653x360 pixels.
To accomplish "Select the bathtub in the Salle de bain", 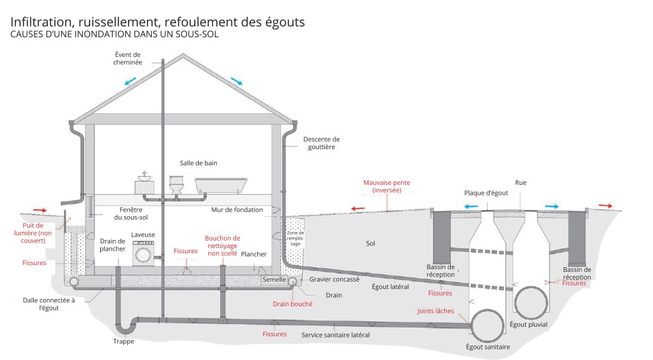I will pyautogui.click(x=221, y=185).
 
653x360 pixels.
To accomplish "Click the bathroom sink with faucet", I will pyautogui.click(x=145, y=184).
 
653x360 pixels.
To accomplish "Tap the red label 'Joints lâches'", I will pyautogui.click(x=434, y=311).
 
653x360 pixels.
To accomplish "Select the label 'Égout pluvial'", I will pyautogui.click(x=528, y=325).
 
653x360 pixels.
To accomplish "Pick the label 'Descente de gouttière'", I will pyautogui.click(x=321, y=143).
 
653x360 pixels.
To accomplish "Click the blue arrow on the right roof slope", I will pyautogui.click(x=237, y=81).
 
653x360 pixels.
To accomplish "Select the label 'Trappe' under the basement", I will pyautogui.click(x=123, y=341).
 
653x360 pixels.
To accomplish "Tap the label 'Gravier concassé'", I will pyautogui.click(x=334, y=279).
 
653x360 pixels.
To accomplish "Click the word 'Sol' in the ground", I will pyautogui.click(x=371, y=243).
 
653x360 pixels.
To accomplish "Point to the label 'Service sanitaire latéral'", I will pyautogui.click(x=335, y=335).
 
